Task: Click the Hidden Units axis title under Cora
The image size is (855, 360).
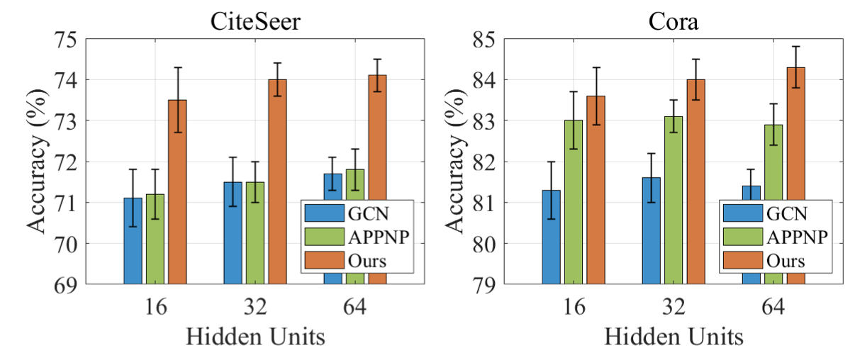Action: pos(674,337)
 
